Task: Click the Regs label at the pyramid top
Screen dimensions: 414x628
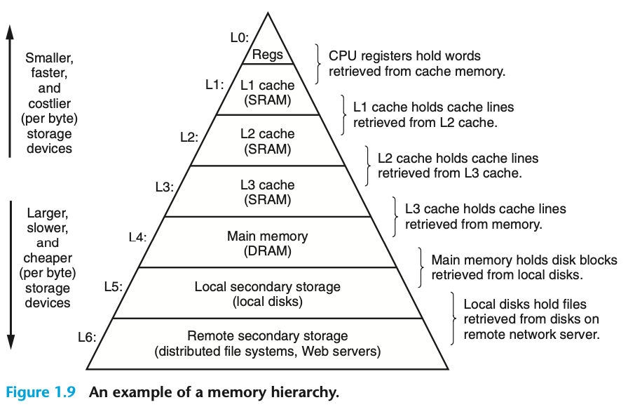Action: (x=267, y=55)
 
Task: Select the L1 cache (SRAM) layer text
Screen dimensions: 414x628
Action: (x=267, y=92)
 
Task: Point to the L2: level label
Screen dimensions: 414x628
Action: (x=189, y=137)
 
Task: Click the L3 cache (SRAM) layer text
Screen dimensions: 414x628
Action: (x=267, y=192)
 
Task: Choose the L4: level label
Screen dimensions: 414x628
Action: (x=137, y=237)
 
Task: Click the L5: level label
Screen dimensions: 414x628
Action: (x=113, y=286)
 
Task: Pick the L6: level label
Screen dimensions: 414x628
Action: (x=87, y=337)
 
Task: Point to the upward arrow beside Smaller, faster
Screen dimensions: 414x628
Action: (x=10, y=91)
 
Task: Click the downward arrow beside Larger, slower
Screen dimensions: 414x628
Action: (x=10, y=274)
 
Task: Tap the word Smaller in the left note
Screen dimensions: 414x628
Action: (x=48, y=58)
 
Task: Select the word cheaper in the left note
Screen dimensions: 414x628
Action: (x=48, y=258)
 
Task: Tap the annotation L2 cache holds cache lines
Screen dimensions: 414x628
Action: (x=458, y=159)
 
